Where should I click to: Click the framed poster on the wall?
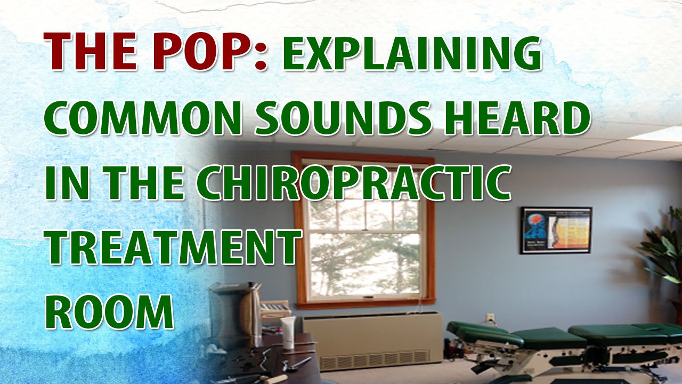(x=556, y=230)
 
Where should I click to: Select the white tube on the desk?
(x=288, y=332)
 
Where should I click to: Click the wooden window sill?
(x=364, y=303)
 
